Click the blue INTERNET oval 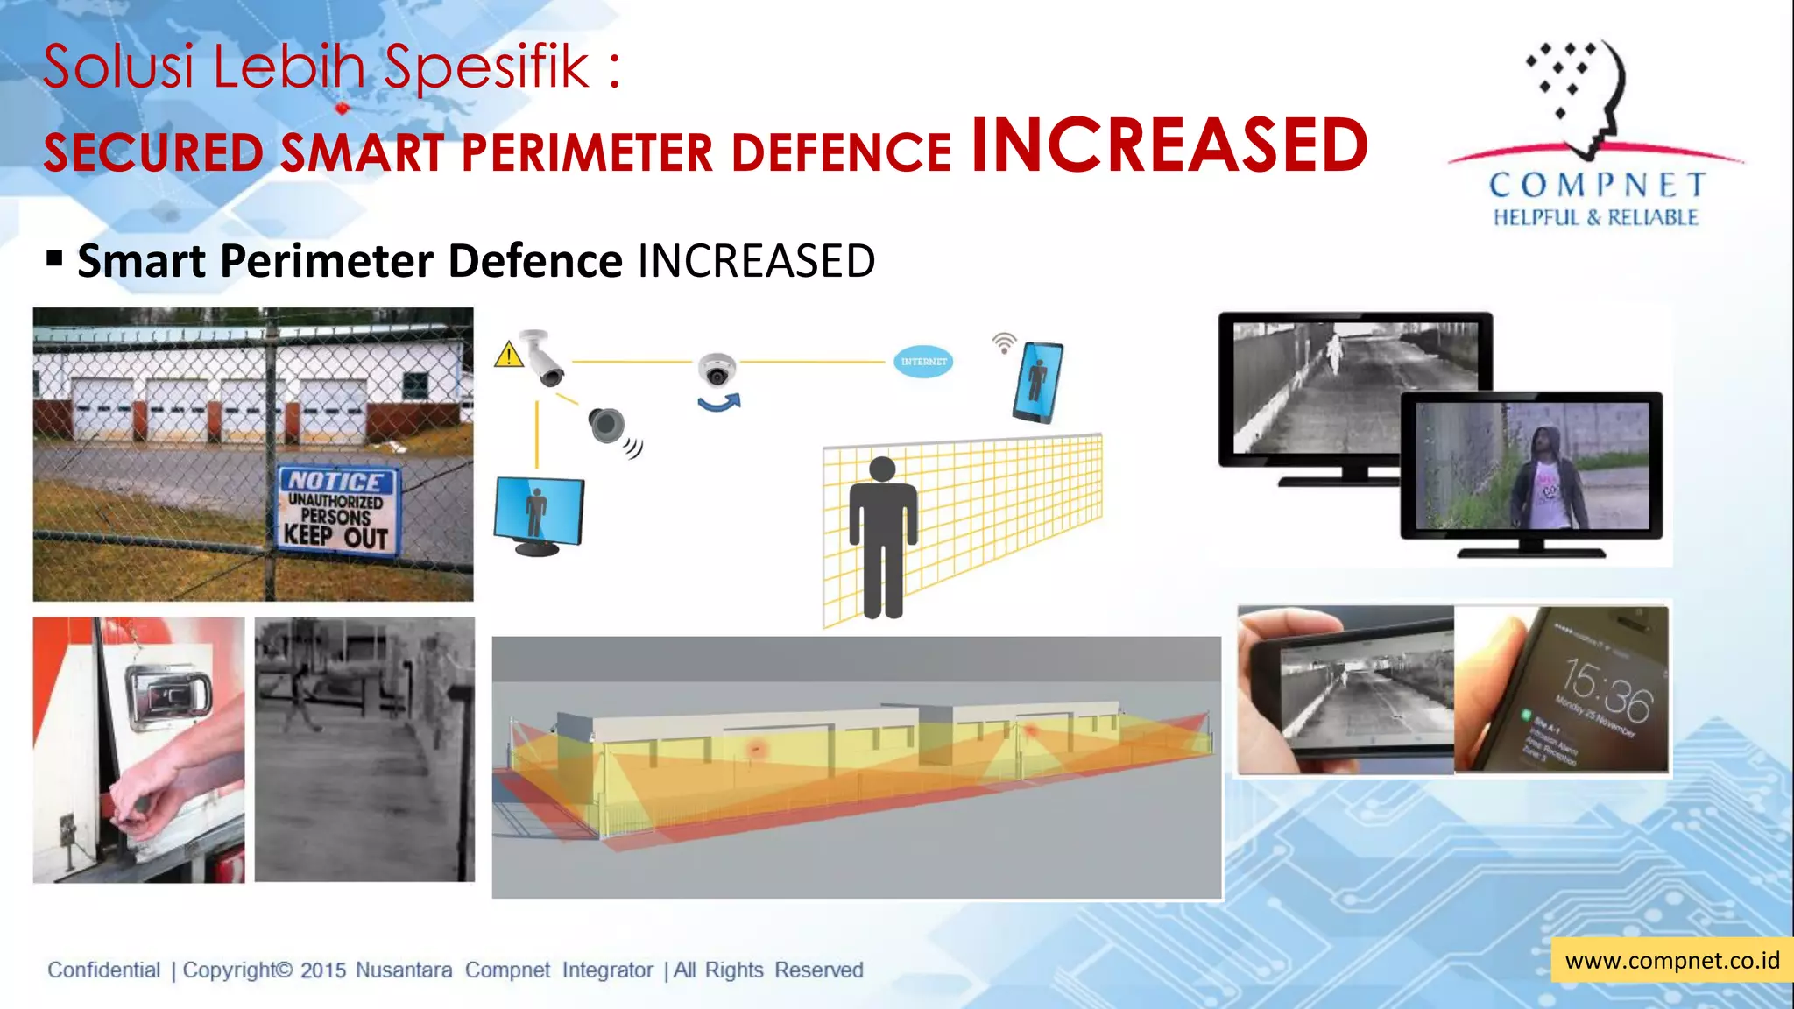pyautogui.click(x=923, y=361)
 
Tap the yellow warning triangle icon pyautogui.click(x=508, y=356)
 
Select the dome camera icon pyautogui.click(x=717, y=370)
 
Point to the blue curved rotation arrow pyautogui.click(x=719, y=403)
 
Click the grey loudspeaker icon pyautogui.click(x=607, y=426)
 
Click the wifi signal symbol pyautogui.click(x=1004, y=342)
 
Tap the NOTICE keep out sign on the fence pyautogui.click(x=337, y=510)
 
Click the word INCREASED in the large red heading pyautogui.click(x=1169, y=145)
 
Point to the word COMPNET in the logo pyautogui.click(x=1597, y=185)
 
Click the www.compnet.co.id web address pyautogui.click(x=1671, y=961)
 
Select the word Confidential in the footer pyautogui.click(x=103, y=970)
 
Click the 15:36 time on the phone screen pyautogui.click(x=1607, y=688)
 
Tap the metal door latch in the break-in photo pyautogui.click(x=169, y=696)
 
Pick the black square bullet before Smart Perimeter pyautogui.click(x=55, y=258)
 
